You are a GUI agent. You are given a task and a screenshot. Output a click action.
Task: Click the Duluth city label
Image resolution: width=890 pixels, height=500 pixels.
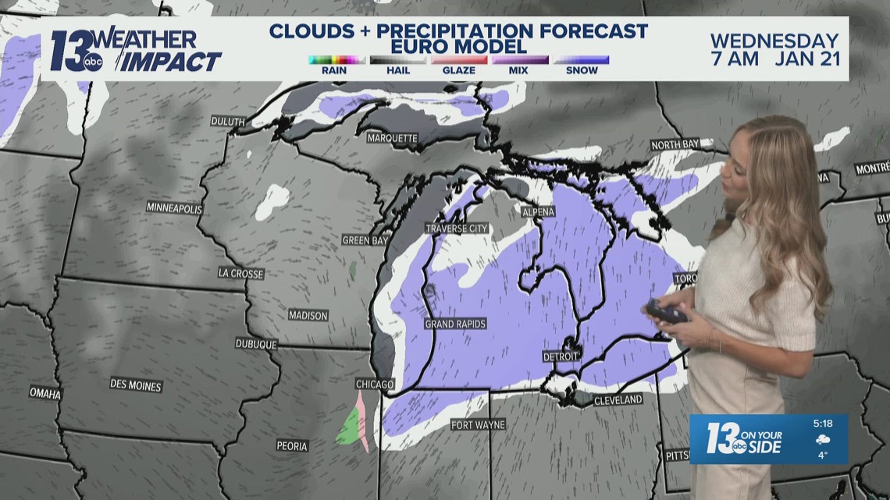click(x=228, y=122)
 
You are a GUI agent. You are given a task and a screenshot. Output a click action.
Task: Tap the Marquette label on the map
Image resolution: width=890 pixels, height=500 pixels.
click(x=393, y=139)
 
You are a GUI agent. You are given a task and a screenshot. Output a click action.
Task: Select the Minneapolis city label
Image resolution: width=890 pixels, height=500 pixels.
click(x=174, y=208)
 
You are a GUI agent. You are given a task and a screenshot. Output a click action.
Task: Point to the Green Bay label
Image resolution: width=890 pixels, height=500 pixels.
click(x=365, y=240)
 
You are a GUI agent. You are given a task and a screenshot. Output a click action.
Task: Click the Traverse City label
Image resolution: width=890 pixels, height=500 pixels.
click(x=457, y=229)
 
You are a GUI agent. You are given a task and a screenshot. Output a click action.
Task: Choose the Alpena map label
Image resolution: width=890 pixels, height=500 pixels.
click(x=538, y=212)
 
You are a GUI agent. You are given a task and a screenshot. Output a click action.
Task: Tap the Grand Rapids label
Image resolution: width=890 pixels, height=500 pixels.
click(x=455, y=323)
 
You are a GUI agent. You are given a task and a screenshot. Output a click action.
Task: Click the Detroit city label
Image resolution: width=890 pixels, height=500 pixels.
click(x=561, y=356)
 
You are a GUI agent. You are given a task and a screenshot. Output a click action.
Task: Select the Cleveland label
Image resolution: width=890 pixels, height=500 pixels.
click(x=618, y=400)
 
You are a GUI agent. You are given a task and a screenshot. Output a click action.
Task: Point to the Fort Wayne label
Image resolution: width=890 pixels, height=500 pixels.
click(x=478, y=425)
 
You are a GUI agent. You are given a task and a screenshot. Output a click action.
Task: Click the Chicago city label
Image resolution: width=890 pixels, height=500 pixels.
click(x=375, y=385)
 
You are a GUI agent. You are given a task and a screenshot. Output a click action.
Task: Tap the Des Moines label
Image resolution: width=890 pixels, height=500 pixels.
click(x=136, y=385)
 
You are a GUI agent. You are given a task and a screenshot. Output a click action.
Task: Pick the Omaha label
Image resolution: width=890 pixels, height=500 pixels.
click(x=44, y=393)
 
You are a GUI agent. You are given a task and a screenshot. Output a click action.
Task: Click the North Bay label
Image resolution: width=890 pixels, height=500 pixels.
click(x=675, y=145)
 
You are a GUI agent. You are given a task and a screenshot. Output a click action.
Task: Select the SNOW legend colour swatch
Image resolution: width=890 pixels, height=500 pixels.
click(x=582, y=59)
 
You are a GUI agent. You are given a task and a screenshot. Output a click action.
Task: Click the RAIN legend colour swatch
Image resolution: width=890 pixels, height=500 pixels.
click(x=337, y=59)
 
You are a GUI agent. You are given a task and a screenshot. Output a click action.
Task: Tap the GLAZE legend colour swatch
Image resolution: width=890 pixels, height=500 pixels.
click(x=459, y=59)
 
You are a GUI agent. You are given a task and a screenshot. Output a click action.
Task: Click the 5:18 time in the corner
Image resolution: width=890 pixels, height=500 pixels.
click(x=822, y=424)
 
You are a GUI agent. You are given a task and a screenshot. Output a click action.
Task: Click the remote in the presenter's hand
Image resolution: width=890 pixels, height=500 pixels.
click(x=665, y=313)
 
